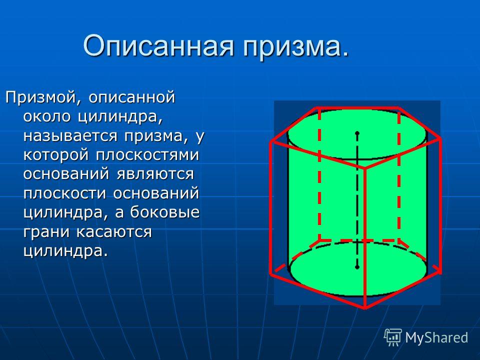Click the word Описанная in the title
158,46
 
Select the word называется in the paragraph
70,136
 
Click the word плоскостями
147,155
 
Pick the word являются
155,174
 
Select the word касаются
114,231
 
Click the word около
47,116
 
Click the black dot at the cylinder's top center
357,133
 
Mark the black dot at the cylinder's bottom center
357,267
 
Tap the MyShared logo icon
393,337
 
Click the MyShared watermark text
436,337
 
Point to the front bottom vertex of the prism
365,307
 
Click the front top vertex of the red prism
364,168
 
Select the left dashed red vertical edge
319,174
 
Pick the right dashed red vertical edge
399,174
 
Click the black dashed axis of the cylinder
357,200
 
